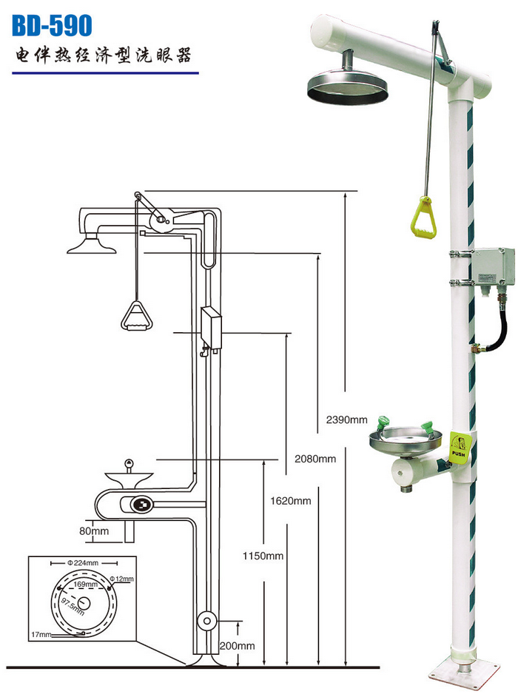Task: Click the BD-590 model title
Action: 52,25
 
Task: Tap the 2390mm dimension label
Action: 346,420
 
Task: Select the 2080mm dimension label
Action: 315,459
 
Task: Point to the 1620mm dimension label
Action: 290,501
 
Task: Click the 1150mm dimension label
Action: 263,556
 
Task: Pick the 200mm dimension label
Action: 238,646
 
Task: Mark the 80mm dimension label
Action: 94,530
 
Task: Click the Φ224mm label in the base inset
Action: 83,563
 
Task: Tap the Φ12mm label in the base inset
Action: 121,579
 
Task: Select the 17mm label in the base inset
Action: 41,635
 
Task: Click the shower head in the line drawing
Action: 92,246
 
